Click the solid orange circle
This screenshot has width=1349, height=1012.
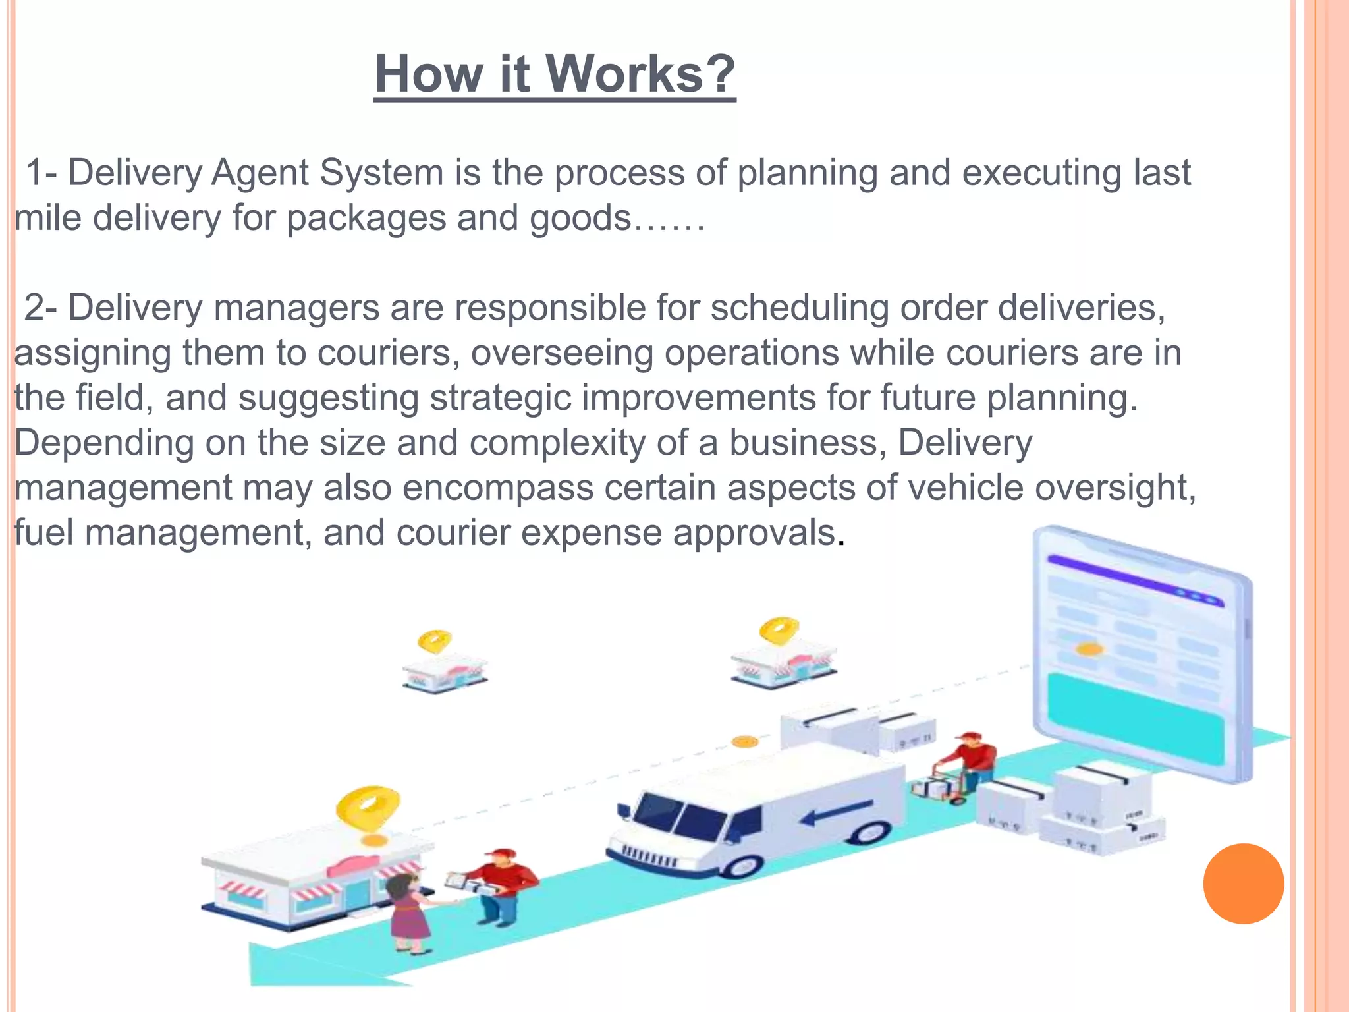(1243, 884)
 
